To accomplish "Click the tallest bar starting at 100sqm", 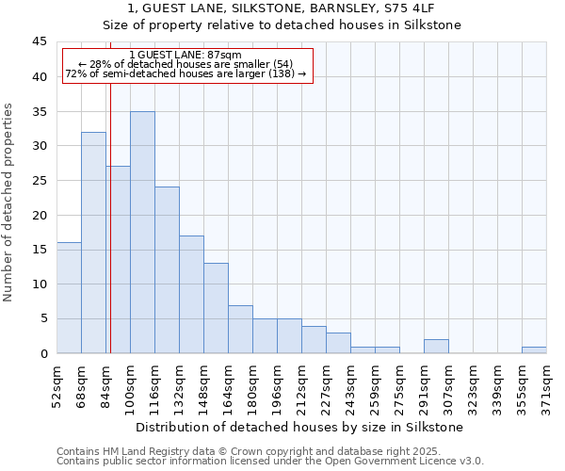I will [142, 233].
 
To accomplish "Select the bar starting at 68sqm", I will [93, 243].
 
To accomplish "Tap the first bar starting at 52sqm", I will [69, 298].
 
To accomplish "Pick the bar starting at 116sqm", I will [167, 270].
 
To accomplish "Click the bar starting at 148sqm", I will [216, 308].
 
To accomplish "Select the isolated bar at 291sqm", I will [436, 347].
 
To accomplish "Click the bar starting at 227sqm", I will [338, 343].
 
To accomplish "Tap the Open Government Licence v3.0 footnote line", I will [269, 462].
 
